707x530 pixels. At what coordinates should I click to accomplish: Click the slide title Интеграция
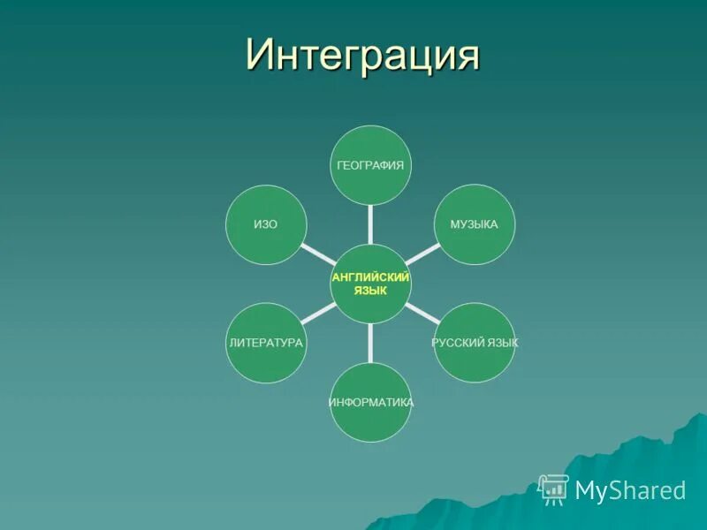click(362, 54)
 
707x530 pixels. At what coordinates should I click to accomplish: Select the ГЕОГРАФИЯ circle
click(370, 165)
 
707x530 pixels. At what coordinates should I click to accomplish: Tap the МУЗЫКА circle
click(475, 224)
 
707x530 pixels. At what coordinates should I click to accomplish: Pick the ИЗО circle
click(266, 224)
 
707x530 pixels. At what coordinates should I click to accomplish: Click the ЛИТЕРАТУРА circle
click(266, 343)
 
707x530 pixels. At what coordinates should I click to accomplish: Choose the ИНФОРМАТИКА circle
click(371, 402)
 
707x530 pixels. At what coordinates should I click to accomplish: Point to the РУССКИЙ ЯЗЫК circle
click(475, 343)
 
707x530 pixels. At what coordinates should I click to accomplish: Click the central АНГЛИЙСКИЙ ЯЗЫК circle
click(370, 284)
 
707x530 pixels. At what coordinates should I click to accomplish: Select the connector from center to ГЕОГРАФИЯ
click(370, 224)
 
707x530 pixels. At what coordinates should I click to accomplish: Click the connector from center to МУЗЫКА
click(422, 254)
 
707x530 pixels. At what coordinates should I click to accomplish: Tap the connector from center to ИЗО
click(316, 254)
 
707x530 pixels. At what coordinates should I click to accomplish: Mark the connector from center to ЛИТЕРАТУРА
click(316, 314)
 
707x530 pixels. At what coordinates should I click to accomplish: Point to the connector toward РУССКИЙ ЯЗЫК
click(422, 313)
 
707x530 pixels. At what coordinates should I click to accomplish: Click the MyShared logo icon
click(553, 488)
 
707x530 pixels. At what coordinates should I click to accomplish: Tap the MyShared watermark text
click(630, 490)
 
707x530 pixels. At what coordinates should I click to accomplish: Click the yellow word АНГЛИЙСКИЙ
click(370, 277)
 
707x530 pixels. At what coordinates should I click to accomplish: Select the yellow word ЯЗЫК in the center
click(370, 291)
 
